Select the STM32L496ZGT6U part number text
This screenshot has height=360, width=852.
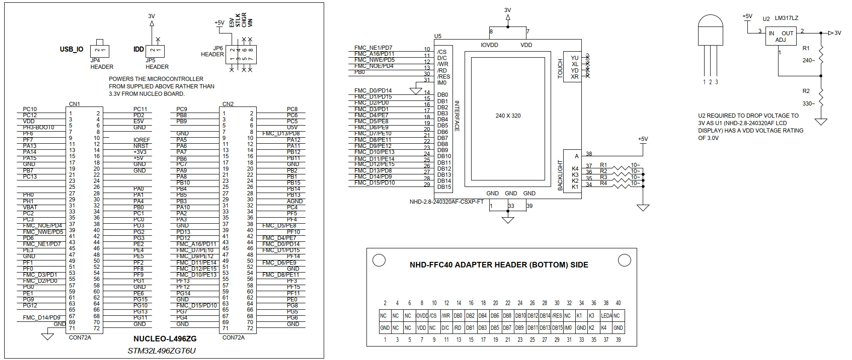tap(162, 350)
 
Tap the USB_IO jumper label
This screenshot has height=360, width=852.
tap(72, 49)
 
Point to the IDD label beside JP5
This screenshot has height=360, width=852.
tap(139, 49)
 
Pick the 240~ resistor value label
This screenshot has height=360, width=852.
tap(809, 60)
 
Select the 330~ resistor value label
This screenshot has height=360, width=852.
tap(809, 104)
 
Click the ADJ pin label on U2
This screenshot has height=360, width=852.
tap(781, 40)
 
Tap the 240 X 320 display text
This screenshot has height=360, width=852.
tap(508, 116)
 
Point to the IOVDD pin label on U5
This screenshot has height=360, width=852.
tap(489, 45)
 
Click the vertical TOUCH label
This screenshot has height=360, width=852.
tap(560, 68)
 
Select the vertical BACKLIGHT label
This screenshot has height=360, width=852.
tap(560, 175)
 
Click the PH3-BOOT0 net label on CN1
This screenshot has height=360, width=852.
tap(39, 127)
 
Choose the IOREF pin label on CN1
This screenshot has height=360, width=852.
tap(142, 140)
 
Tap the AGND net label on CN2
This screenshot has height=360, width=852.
tap(295, 201)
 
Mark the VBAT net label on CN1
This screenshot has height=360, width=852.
tap(30, 207)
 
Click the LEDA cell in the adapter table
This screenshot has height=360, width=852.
tap(606, 316)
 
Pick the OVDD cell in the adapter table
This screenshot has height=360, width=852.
tap(422, 316)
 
